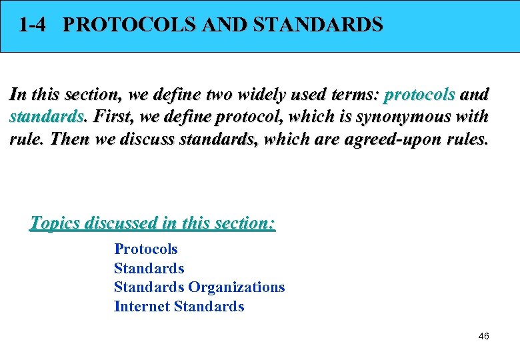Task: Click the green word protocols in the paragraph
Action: click(419, 95)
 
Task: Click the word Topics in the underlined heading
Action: click(57, 223)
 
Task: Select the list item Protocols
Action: click(146, 249)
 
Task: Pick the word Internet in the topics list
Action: click(141, 307)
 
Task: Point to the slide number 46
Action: click(484, 336)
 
